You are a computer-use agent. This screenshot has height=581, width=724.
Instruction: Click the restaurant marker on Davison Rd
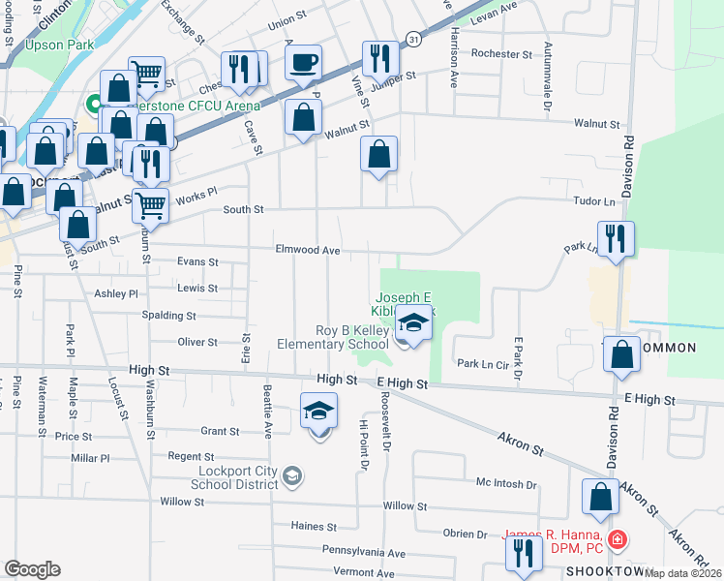(x=616, y=238)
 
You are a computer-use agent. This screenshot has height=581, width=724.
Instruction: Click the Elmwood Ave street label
(x=307, y=250)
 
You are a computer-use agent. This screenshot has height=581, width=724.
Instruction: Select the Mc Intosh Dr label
(x=506, y=483)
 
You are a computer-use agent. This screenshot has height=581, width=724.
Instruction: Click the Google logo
(x=32, y=569)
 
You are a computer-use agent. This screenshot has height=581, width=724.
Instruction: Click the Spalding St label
(x=169, y=316)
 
